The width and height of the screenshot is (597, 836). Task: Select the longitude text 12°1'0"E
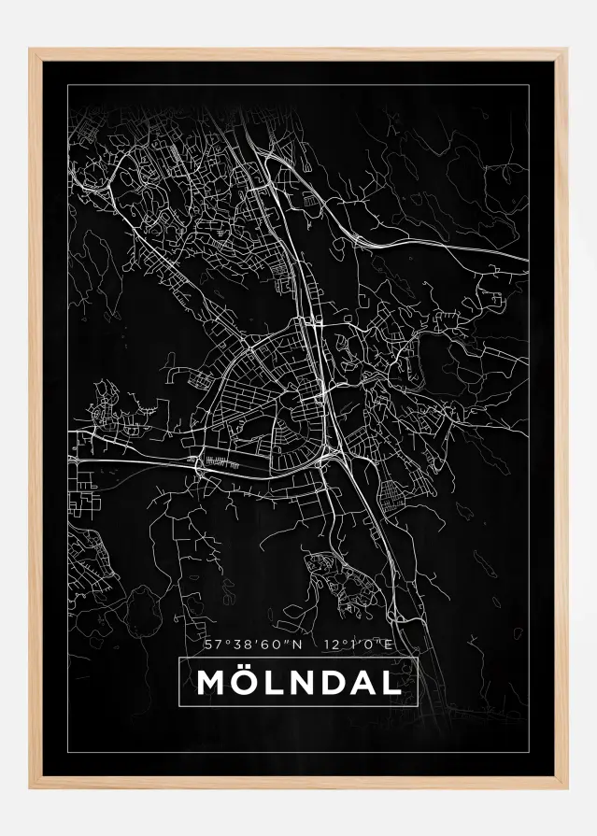point(359,644)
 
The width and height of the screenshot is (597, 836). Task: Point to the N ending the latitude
point(298,644)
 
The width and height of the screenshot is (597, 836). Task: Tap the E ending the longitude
point(391,644)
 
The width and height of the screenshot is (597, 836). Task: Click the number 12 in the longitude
point(328,644)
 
